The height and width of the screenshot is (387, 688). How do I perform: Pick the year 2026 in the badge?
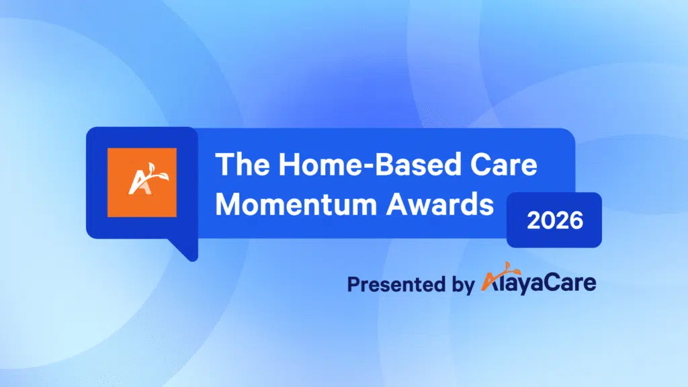tap(554, 220)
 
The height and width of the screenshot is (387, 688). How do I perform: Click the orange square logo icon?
tap(142, 182)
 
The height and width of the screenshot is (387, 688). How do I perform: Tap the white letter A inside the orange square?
tap(136, 185)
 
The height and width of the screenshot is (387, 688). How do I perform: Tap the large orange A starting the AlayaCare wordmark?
tap(490, 282)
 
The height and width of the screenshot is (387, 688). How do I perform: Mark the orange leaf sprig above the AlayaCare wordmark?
tap(502, 268)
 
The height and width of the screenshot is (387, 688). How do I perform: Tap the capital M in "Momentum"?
tap(228, 204)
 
